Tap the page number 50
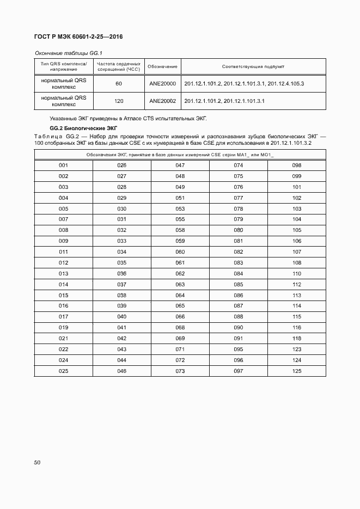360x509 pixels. coord(37,463)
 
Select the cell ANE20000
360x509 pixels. coord(162,84)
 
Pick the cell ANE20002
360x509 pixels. coord(162,101)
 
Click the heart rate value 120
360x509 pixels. coord(118,101)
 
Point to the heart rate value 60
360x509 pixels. coord(118,84)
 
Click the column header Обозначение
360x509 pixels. coord(162,67)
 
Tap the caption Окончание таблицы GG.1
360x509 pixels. coord(69,53)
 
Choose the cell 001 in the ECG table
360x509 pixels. coord(63,165)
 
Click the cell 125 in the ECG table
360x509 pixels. coord(297,371)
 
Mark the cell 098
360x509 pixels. coord(297,165)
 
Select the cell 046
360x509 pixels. coord(121,371)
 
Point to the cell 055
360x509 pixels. coord(180,219)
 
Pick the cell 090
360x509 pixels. coord(239,328)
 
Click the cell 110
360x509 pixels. coord(297,273)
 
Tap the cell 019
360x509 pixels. coord(63,328)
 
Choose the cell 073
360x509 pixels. coord(180,371)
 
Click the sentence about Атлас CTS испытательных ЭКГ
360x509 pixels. coord(129,118)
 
